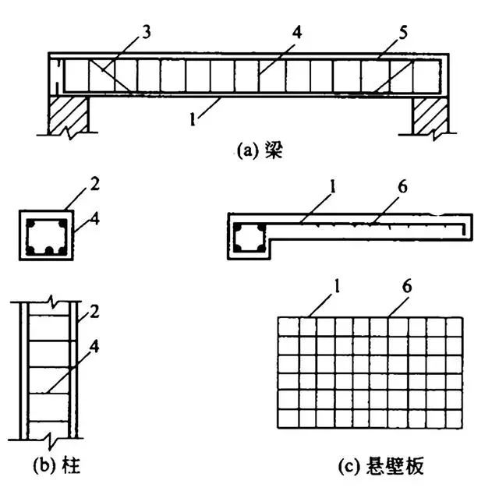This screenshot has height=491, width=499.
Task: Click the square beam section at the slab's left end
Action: (x=249, y=238)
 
